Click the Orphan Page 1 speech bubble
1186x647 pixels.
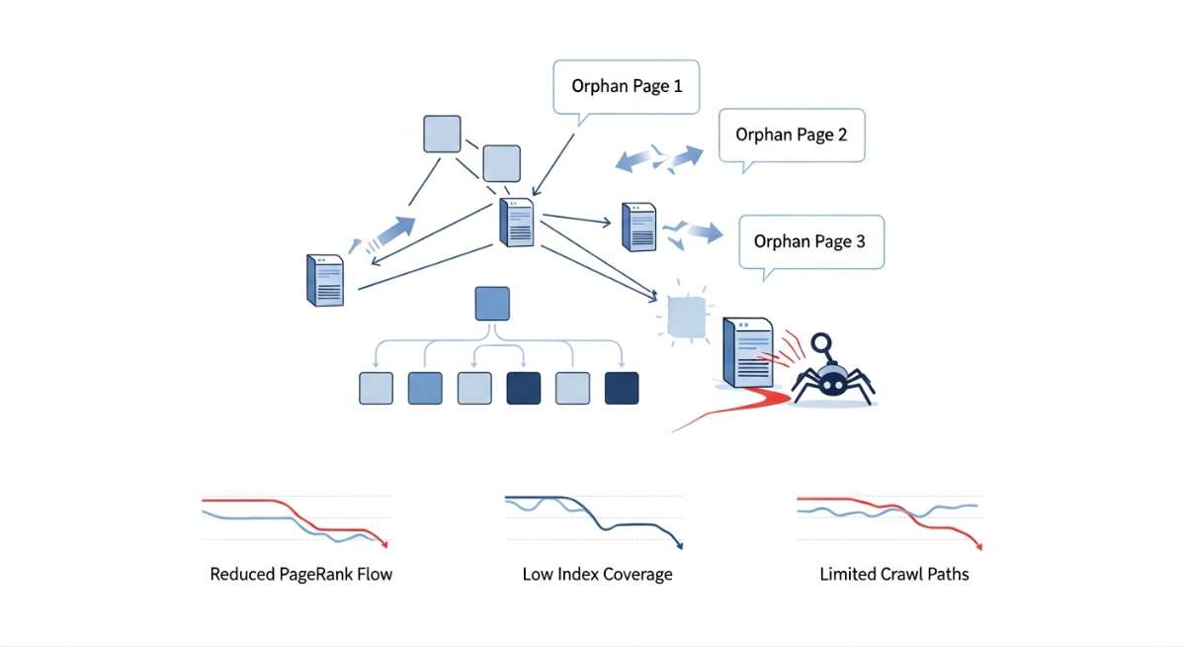point(627,86)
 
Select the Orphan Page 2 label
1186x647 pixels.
point(792,135)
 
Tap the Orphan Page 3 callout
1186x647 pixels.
point(809,240)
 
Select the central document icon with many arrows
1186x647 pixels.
point(518,224)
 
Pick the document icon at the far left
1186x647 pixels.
point(325,278)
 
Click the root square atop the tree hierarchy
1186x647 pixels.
point(492,304)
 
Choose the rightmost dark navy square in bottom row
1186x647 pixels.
point(622,388)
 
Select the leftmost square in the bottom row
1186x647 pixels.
point(376,388)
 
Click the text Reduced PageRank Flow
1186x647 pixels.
point(301,574)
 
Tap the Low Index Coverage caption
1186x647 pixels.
point(597,574)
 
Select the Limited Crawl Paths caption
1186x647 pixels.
point(894,574)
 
